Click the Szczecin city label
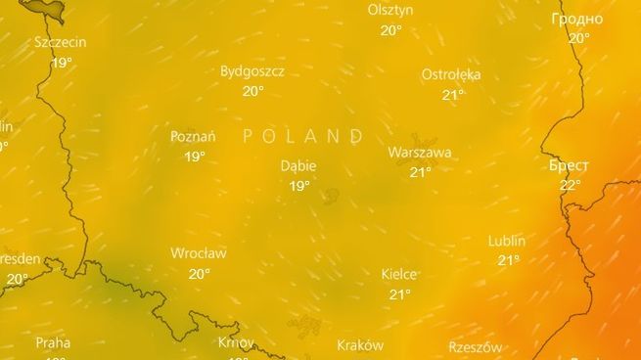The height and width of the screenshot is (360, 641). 61,42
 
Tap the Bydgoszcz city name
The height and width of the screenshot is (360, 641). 252,71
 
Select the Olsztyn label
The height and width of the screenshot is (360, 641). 390,10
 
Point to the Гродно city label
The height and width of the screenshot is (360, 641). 577,19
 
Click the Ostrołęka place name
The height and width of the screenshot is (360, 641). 451,74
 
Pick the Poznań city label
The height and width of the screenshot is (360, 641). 193,136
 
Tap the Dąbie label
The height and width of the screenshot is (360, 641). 298,165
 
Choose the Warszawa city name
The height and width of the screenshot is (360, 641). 419,153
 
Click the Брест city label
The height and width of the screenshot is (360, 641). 570,164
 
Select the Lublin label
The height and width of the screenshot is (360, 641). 507,241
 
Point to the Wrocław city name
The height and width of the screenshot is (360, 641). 199,253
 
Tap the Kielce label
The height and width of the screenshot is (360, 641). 399,274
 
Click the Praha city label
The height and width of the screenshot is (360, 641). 53,342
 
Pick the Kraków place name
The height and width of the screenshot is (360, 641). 360,344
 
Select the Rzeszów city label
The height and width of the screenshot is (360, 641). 476,347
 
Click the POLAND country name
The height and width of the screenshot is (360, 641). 303,136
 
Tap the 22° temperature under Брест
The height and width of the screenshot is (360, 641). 570,184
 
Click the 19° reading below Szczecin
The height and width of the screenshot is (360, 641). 61,62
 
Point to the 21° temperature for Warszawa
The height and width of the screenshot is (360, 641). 420,172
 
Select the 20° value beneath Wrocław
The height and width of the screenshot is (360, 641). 199,274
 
